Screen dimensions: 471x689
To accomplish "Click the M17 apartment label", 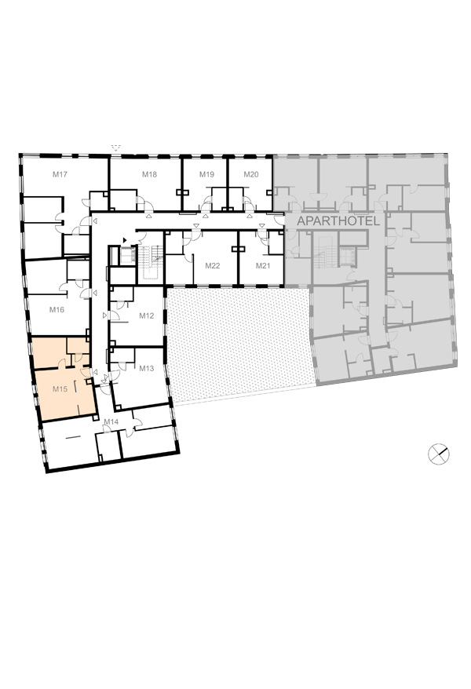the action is pos(60,174).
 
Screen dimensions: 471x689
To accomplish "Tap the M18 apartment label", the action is pos(149,174).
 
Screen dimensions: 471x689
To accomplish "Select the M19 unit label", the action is pos(206,174).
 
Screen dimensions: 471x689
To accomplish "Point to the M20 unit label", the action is pos(251,174).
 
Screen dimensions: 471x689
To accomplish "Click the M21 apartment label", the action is pos(263,266).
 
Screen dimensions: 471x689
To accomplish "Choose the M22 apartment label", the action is pos(213,266).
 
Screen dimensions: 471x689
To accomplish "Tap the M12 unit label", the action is pos(147,315).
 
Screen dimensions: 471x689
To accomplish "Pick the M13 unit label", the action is pos(147,368).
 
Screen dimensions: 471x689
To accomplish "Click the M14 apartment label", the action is pos(111,422).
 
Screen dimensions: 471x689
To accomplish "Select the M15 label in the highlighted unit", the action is pos(60,389).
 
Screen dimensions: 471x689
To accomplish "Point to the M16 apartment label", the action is pos(57,310).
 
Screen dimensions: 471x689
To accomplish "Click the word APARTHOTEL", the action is pos(338,221).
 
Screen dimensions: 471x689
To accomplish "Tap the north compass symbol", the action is pos(439,454).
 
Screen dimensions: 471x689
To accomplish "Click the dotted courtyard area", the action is pos(239,343).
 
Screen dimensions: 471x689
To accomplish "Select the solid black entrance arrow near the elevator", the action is pos(126,240).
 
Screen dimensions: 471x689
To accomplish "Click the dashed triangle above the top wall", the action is pos(115,148).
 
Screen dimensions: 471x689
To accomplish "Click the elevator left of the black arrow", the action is pos(127,255).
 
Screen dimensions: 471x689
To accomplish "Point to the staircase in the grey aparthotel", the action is pos(324,253).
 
